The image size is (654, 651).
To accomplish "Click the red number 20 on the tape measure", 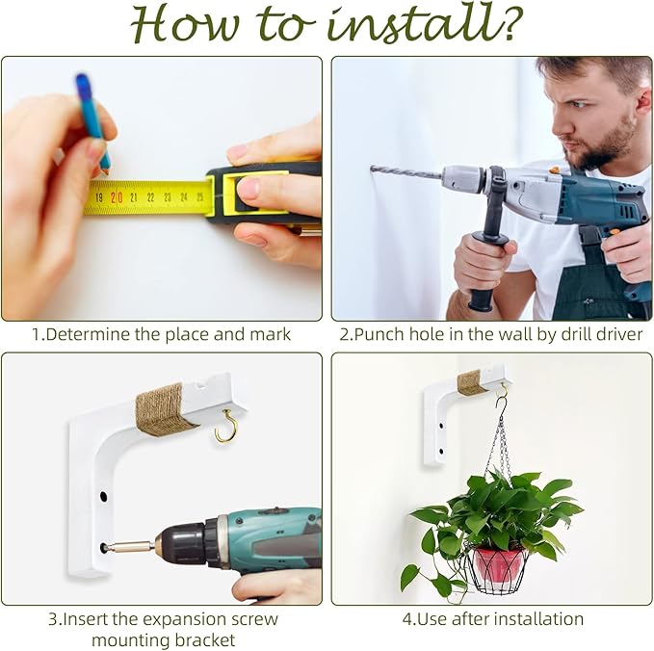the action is [117, 197].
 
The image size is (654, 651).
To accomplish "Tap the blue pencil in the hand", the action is [93, 122].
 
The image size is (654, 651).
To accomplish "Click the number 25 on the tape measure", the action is [200, 197].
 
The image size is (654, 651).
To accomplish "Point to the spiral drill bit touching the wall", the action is [405, 171].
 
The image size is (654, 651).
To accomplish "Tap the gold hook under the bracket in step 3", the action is [227, 426].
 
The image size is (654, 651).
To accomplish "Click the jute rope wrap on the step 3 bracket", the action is [164, 409].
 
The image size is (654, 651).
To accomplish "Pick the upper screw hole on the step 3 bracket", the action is [103, 497].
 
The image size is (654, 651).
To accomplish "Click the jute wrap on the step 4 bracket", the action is [471, 382].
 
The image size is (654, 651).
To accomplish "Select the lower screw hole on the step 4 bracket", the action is [441, 452].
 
